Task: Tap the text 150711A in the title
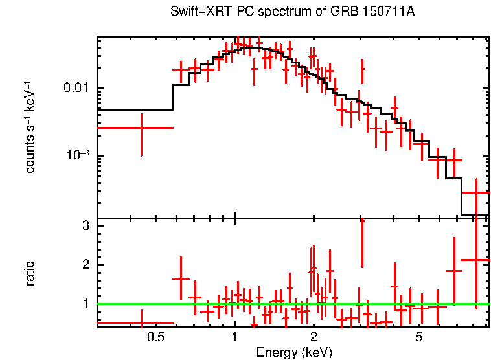pos(389,12)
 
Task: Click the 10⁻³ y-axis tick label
pos(78,155)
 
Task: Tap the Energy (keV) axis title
pos(294,352)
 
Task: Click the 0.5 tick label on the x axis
pos(155,337)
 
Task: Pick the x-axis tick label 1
pos(234,337)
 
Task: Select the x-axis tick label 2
pos(314,337)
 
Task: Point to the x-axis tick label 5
pos(418,337)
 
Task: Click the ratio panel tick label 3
pos(84,226)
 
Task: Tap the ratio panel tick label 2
pos(84,265)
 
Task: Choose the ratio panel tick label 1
pos(84,303)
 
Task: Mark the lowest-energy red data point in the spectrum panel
pos(141,128)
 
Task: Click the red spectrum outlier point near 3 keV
pos(362,68)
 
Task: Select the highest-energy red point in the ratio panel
pos(476,260)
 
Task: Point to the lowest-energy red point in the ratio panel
pos(141,322)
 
